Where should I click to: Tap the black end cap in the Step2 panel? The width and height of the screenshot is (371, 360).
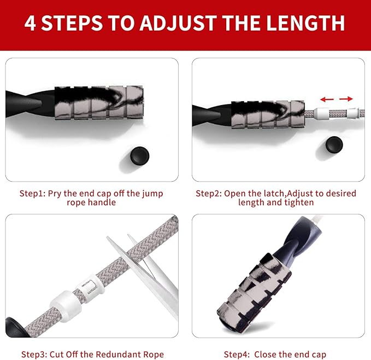(x=333, y=144)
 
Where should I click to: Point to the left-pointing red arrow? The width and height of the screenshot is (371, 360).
(x=327, y=99)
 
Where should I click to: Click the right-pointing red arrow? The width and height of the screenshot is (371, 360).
(x=345, y=99)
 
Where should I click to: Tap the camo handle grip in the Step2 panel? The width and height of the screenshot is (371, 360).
(x=267, y=113)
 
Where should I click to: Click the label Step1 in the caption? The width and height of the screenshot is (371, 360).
(x=32, y=193)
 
